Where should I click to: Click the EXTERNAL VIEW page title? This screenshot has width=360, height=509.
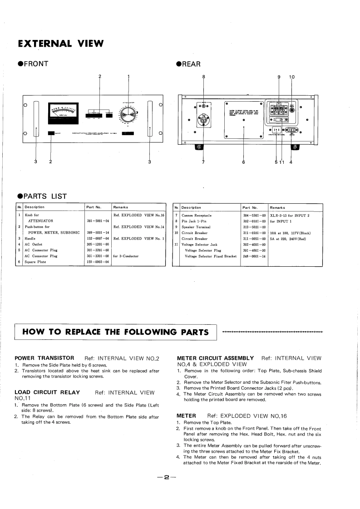point(60,44)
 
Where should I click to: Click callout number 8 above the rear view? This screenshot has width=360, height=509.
point(203,77)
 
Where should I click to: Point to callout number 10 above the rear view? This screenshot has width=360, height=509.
point(291,77)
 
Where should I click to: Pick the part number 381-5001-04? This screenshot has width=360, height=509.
point(97,221)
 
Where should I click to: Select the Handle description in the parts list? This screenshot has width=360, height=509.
point(31,238)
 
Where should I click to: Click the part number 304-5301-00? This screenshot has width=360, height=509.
point(254,215)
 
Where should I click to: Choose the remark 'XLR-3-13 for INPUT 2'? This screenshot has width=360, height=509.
point(290,215)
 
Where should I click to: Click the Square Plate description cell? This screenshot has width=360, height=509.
point(35,261)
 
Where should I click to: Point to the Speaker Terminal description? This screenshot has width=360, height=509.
point(196,226)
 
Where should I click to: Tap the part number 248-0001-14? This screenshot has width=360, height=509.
point(254,256)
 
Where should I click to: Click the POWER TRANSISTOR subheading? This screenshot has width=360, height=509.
point(44,358)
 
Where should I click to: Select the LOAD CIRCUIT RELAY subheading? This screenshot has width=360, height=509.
point(47,392)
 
